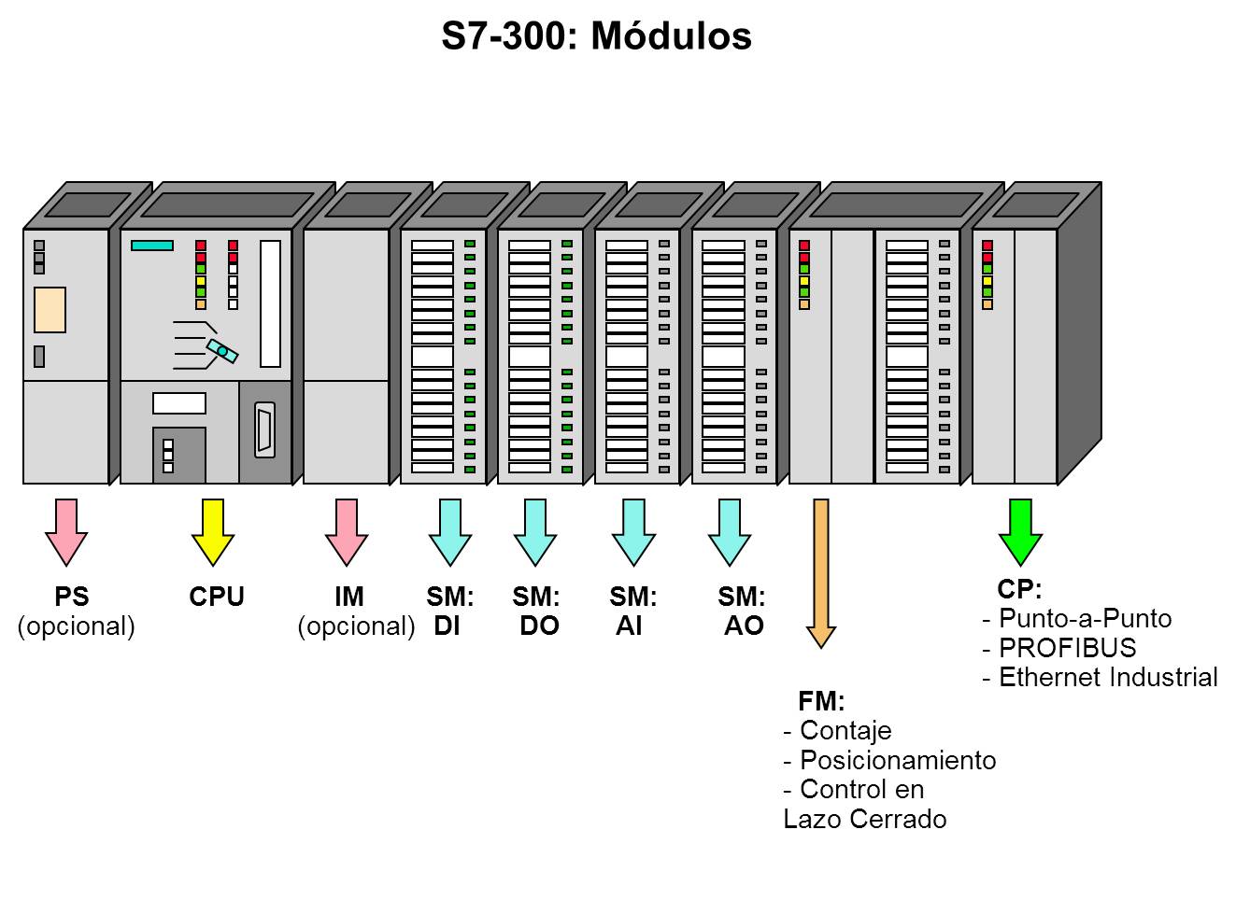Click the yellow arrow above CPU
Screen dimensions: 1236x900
pos(213,532)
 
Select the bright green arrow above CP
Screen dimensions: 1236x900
pos(1020,532)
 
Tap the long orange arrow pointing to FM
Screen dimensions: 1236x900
pos(821,573)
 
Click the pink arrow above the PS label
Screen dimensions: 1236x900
pos(66,532)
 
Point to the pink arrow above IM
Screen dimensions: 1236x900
pos(347,532)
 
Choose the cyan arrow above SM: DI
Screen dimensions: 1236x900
pos(450,532)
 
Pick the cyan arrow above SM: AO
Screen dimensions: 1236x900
pos(730,532)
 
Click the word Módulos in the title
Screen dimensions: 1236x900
pos(672,36)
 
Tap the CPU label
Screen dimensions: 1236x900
pos(217,597)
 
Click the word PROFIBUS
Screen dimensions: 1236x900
pos(1068,648)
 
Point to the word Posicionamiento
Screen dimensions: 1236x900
pos(898,761)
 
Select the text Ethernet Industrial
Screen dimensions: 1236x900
pos(1108,678)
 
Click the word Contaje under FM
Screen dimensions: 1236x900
pos(845,731)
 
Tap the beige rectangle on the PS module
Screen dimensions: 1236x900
pos(50,309)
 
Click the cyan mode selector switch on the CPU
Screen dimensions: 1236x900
pos(222,351)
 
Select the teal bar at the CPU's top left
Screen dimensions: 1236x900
pos(152,246)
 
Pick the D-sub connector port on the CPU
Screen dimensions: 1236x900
pos(265,430)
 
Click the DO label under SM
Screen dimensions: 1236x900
pos(539,626)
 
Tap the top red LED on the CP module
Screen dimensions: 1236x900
pos(987,246)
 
